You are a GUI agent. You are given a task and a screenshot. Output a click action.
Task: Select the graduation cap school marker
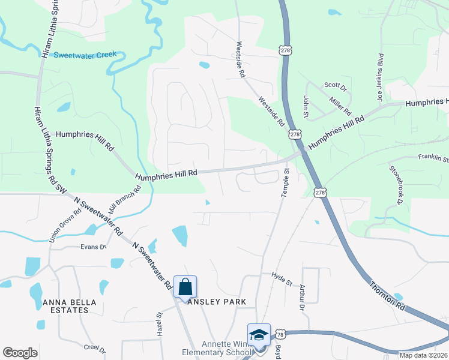point(259,335)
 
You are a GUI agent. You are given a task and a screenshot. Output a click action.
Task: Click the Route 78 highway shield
point(280,334)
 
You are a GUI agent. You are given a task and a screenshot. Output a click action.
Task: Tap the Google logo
point(20,353)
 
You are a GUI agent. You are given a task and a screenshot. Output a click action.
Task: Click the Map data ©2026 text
point(423,355)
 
